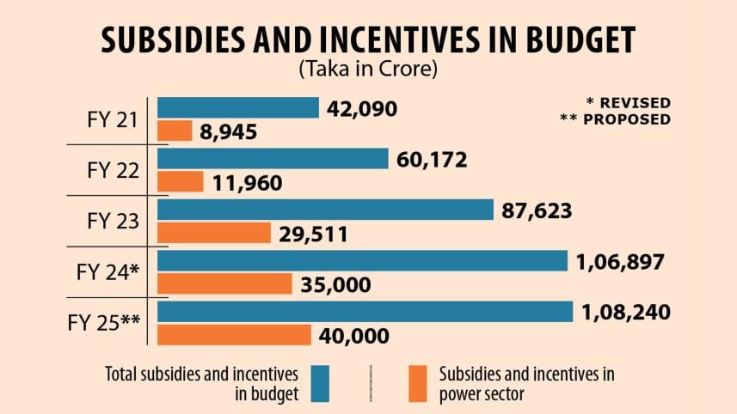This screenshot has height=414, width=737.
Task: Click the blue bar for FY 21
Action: click(x=238, y=107)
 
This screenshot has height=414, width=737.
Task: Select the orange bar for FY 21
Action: click(x=175, y=131)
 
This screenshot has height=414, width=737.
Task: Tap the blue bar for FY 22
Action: click(x=273, y=159)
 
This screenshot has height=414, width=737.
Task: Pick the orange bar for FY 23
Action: click(x=215, y=233)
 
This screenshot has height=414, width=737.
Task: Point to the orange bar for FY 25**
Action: click(x=235, y=335)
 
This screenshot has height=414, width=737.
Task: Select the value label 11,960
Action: click(x=246, y=183)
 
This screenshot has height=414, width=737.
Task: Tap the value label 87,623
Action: click(x=536, y=210)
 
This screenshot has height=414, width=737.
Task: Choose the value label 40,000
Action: click(x=354, y=336)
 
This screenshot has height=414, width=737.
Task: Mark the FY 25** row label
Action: click(x=103, y=324)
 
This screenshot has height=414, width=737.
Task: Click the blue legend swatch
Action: click(x=321, y=383)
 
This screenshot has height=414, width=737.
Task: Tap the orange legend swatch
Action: click(x=419, y=383)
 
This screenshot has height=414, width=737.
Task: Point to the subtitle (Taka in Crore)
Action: click(x=368, y=70)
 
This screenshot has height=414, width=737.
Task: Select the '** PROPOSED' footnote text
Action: click(x=614, y=119)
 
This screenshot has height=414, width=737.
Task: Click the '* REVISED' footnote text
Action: click(x=625, y=103)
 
